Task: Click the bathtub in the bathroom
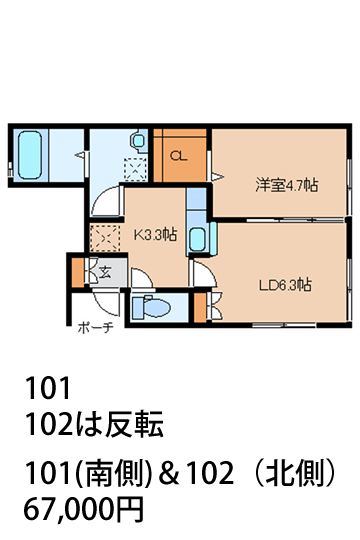click(30, 154)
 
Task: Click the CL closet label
click(179, 156)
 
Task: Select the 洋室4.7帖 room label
click(286, 185)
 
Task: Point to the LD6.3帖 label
click(286, 285)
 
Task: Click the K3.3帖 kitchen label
click(155, 235)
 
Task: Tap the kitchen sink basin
click(198, 240)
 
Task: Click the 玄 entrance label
click(105, 272)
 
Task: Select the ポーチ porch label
click(95, 328)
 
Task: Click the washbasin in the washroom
click(138, 140)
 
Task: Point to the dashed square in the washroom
click(135, 168)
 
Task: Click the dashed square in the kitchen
click(105, 238)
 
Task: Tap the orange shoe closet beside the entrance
click(78, 272)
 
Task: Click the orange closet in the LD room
click(200, 307)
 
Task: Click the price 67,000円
click(83, 509)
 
